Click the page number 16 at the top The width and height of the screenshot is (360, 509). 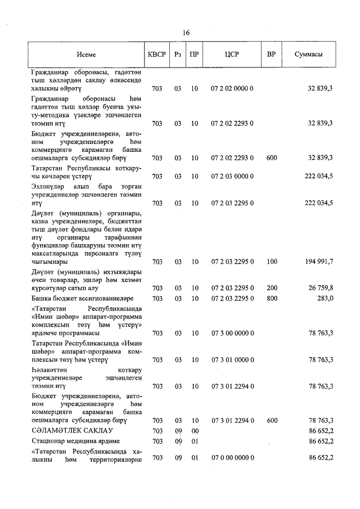pyautogui.click(x=186, y=33)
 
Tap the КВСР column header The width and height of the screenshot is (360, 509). pyautogui.click(x=157, y=55)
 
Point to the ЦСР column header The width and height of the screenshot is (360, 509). pyautogui.click(x=232, y=55)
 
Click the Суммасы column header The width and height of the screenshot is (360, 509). pyautogui.click(x=308, y=55)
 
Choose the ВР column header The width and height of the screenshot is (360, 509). pyautogui.click(x=272, y=55)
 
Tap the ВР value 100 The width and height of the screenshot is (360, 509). pyautogui.click(x=272, y=262)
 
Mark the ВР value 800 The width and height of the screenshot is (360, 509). pyautogui.click(x=272, y=298)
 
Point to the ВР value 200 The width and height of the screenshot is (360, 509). pyautogui.click(x=272, y=288)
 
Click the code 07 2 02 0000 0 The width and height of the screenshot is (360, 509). pyautogui.click(x=232, y=89)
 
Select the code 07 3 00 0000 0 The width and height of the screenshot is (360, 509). pyautogui.click(x=232, y=333)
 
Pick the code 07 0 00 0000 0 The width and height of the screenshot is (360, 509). pyautogui.click(x=232, y=458)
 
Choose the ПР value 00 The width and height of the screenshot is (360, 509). pyautogui.click(x=195, y=430)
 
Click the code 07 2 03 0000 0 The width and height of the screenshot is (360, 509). pyautogui.click(x=232, y=176)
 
